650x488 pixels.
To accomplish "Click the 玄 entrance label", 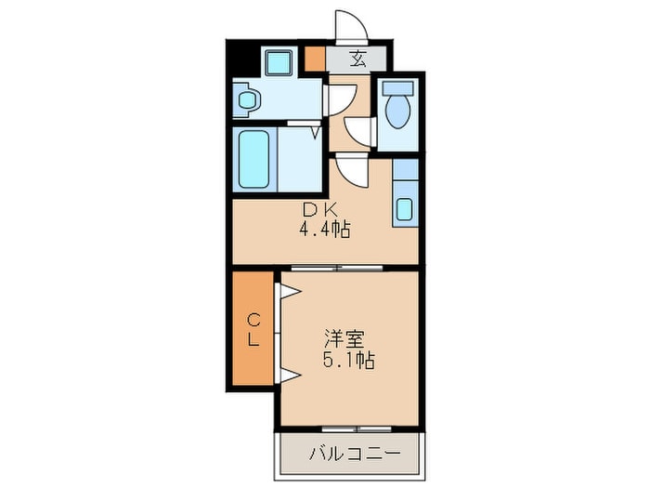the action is coord(358,59).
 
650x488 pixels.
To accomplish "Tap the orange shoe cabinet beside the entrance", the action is coord(315,59).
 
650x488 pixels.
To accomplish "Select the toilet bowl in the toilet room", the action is coord(397,112).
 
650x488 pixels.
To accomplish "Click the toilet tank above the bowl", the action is coord(397,87).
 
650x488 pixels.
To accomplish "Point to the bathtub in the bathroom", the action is coord(253,159).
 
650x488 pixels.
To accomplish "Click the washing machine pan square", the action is coord(279,62).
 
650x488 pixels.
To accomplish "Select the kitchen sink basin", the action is coord(404,209).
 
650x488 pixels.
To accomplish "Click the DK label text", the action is coord(320,210).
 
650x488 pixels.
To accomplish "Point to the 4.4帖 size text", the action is coord(325,229).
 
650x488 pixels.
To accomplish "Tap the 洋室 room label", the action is coord(344,339).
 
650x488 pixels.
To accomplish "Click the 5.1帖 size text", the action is coord(349,360).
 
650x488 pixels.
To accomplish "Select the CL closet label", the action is coord(253,330).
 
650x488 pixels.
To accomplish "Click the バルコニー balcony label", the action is coord(355,454).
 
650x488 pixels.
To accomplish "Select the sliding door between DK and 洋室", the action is coord(336,268).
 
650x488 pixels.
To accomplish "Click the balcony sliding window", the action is coord(357,429).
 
